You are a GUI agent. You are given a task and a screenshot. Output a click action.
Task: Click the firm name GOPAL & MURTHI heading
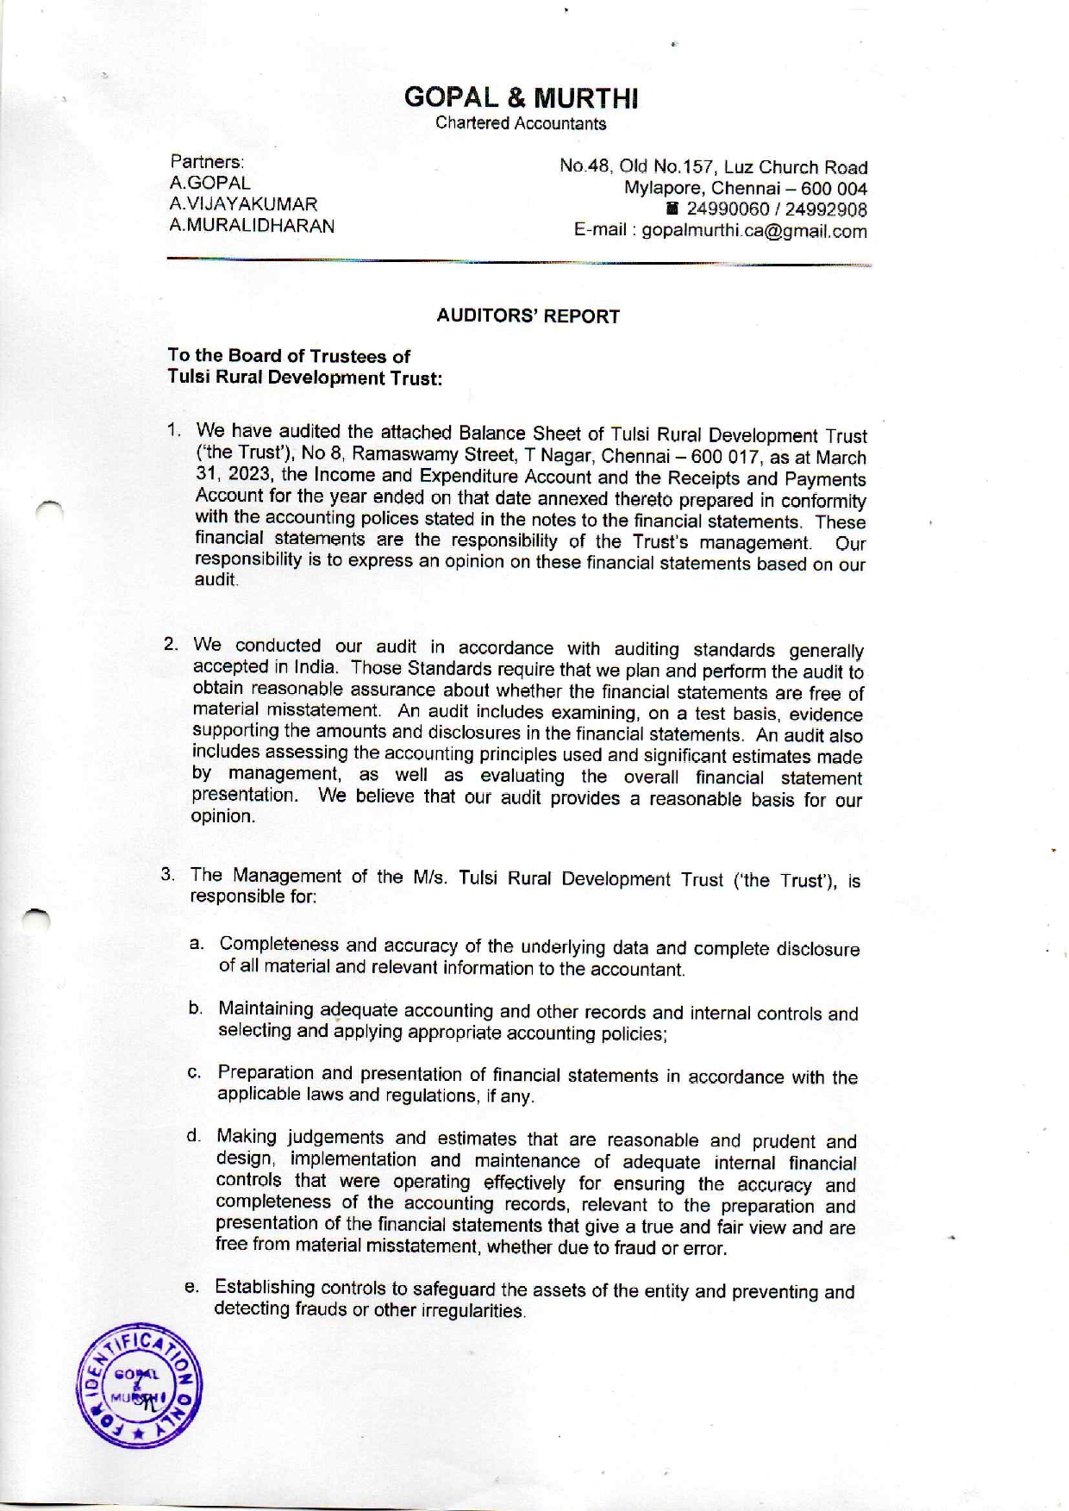point(521,97)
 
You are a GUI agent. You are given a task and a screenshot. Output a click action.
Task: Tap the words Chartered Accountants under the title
point(521,123)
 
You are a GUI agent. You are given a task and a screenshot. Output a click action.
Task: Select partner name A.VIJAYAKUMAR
point(243,204)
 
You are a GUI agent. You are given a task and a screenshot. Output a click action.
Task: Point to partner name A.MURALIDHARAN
point(252,226)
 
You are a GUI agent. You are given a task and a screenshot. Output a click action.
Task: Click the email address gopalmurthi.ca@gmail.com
point(754,231)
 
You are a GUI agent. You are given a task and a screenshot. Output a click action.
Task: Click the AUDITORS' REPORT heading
point(528,316)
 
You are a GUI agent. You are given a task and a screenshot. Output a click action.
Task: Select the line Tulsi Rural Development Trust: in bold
point(304,378)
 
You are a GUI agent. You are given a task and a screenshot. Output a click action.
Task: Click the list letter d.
point(193,1135)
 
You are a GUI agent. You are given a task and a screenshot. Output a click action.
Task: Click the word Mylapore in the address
point(662,189)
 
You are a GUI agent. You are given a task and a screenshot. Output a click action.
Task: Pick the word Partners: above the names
point(207,161)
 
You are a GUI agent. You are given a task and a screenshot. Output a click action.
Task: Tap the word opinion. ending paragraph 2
point(222,816)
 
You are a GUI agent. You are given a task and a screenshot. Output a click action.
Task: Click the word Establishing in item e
point(265,1287)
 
